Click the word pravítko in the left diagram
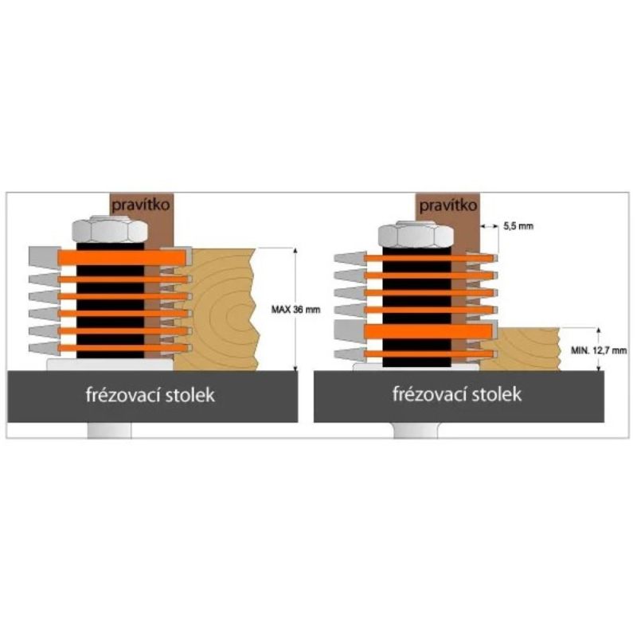139,205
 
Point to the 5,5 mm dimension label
518,227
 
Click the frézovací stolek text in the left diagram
151,396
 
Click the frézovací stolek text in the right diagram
458,394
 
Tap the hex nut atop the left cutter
109,231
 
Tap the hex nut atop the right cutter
416,234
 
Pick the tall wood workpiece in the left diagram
219,311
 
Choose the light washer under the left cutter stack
107,364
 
